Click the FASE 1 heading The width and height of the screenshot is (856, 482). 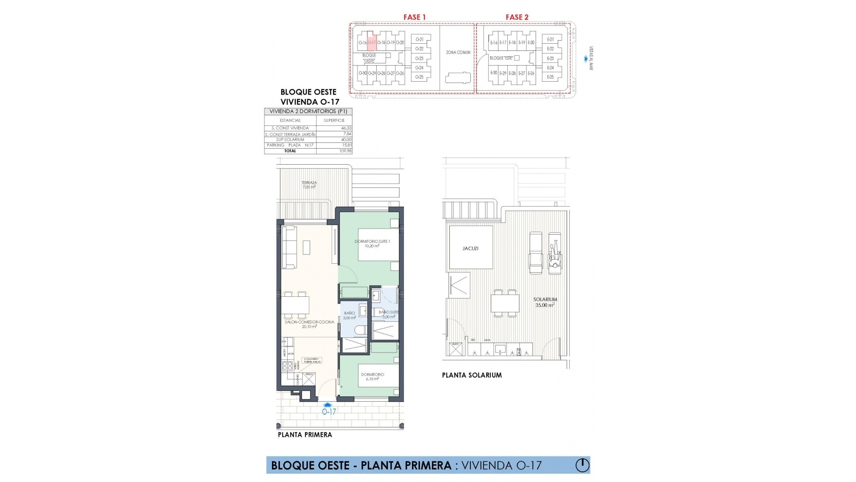click(414, 17)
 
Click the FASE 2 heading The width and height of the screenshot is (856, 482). click(517, 17)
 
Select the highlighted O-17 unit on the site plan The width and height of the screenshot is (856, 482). click(372, 42)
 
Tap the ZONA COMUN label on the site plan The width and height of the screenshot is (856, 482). click(458, 52)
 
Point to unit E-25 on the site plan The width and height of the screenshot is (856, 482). click(550, 77)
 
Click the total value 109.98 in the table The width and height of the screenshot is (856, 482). click(346, 151)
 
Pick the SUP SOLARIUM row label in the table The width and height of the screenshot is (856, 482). click(290, 140)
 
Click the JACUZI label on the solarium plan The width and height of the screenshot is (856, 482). click(470, 248)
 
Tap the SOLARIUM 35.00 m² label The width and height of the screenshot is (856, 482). click(545, 302)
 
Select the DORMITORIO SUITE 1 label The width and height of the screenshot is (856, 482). click(372, 243)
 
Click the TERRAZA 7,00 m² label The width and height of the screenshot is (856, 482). click(309, 185)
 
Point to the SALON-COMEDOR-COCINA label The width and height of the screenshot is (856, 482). click(309, 324)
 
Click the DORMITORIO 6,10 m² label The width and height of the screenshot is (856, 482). click(372, 377)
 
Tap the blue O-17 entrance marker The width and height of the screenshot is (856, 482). click(329, 411)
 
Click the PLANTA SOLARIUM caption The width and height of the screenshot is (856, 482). click(472, 375)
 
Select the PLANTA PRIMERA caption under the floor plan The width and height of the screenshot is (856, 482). click(305, 435)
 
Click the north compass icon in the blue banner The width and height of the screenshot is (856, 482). click(582, 465)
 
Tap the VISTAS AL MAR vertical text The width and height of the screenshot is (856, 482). click(591, 58)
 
